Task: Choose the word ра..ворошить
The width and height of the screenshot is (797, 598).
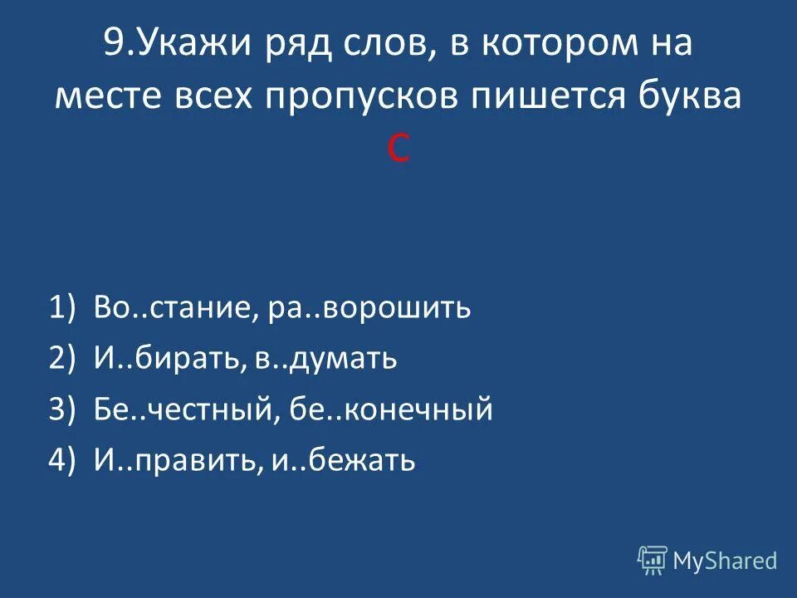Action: point(370,309)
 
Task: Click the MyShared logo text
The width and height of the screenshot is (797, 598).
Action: point(724,561)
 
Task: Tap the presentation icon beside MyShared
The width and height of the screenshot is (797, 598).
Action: point(652,560)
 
